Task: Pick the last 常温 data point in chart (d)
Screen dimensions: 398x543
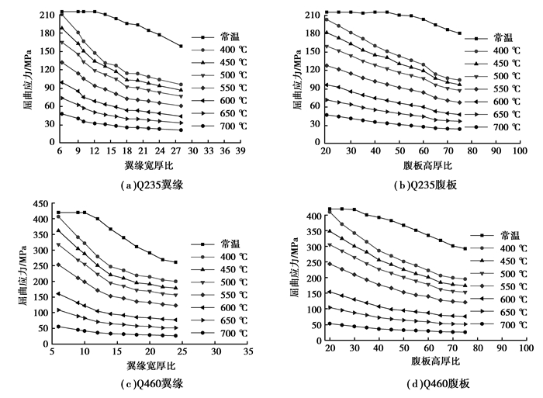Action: click(x=465, y=249)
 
